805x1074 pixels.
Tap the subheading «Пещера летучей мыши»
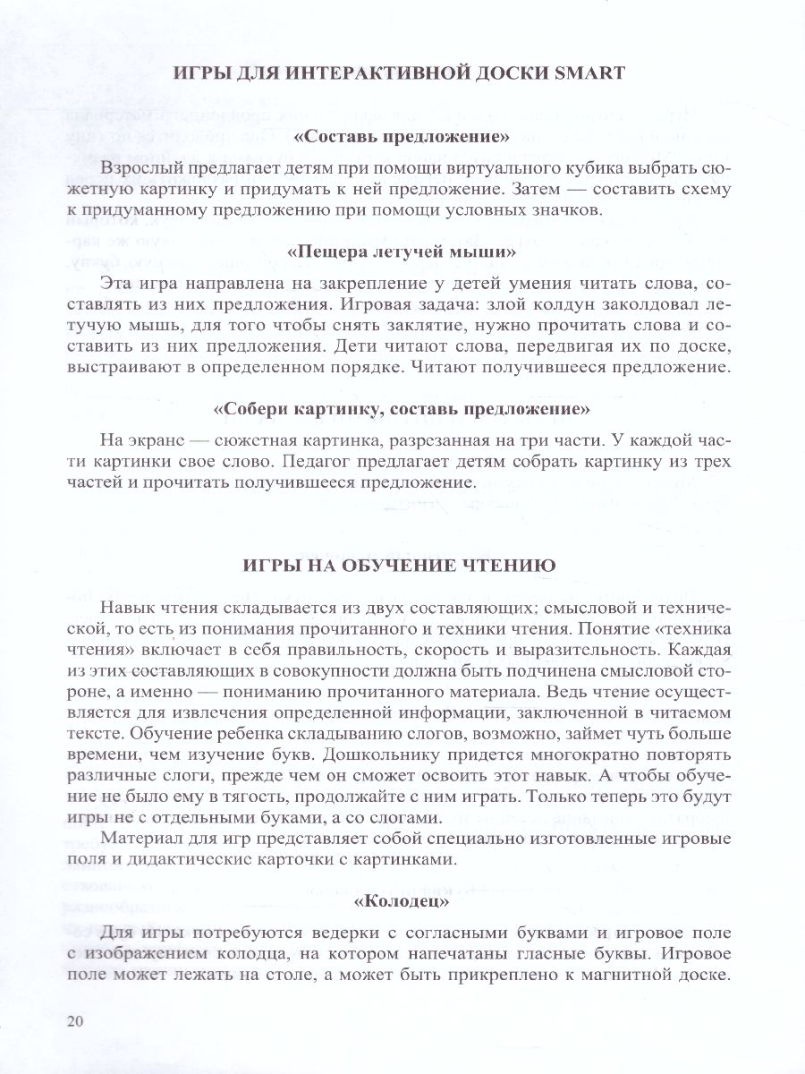click(402, 252)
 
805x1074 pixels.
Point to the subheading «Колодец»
click(402, 898)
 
